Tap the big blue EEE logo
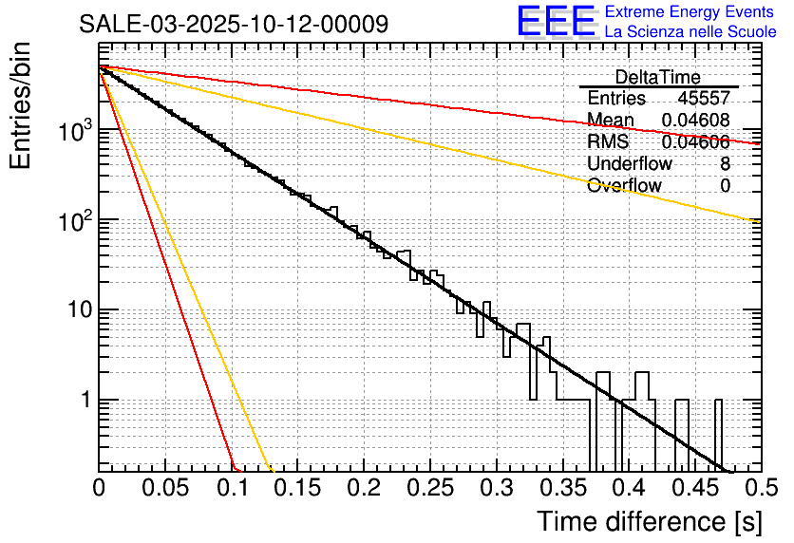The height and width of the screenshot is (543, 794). (x=556, y=23)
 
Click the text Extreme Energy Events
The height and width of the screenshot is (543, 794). (x=690, y=12)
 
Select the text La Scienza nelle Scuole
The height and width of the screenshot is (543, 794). (x=690, y=31)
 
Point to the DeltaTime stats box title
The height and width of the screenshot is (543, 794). (x=658, y=77)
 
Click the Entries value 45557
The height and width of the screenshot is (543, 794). (x=704, y=99)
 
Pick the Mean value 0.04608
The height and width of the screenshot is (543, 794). (x=695, y=121)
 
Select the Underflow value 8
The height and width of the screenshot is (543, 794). (x=725, y=164)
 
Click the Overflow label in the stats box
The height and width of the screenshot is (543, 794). (x=624, y=186)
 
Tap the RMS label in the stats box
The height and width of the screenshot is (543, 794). (x=608, y=142)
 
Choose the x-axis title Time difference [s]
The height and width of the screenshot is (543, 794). (x=649, y=521)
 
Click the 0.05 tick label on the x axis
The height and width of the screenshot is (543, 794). (x=165, y=487)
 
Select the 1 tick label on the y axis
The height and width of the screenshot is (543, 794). (x=85, y=400)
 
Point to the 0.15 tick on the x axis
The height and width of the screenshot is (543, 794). (x=297, y=487)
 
